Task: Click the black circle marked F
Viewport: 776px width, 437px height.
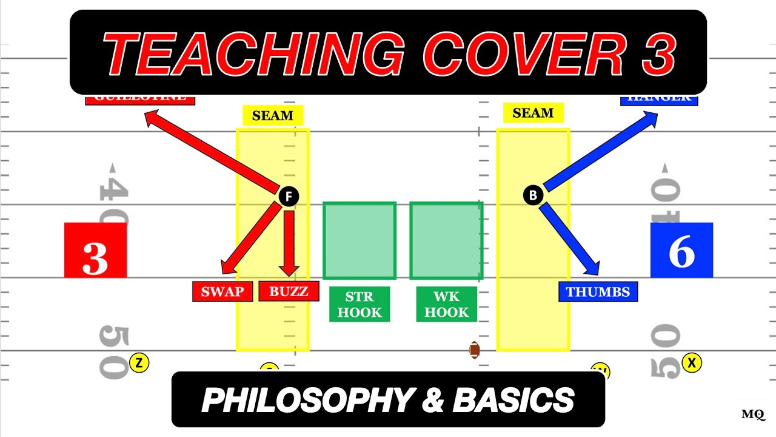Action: tap(289, 196)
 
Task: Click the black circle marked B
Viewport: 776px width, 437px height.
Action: tap(533, 195)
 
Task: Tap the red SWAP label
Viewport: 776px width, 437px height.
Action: tap(222, 291)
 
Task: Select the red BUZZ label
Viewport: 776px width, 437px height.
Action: tap(289, 291)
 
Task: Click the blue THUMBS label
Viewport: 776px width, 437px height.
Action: tap(598, 292)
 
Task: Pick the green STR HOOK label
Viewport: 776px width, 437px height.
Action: tap(360, 305)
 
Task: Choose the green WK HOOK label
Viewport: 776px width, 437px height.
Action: tap(447, 305)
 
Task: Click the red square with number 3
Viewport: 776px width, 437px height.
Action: tap(95, 250)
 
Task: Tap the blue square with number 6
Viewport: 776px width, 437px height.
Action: tap(681, 250)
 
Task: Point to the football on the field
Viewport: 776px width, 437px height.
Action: tap(475, 350)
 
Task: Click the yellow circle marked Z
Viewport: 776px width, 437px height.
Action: tap(139, 363)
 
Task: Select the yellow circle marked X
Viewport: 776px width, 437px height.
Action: tap(691, 363)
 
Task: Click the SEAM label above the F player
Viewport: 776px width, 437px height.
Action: tap(273, 115)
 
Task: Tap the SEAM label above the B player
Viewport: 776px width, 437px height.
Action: tap(533, 113)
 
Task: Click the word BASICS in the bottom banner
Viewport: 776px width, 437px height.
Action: tap(513, 400)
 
